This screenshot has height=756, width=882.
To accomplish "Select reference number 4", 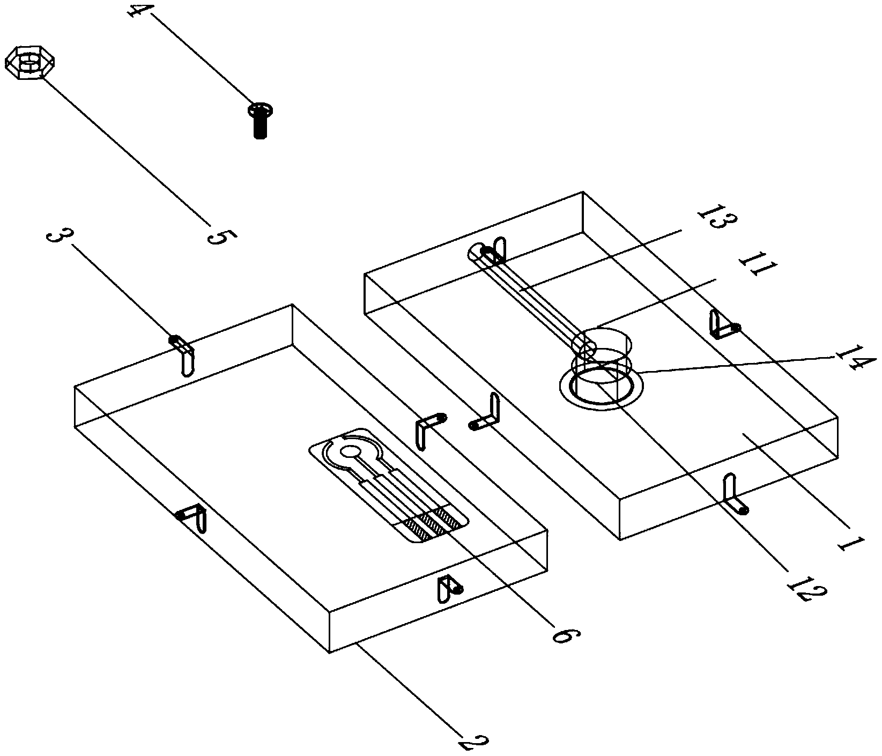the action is pyautogui.click(x=138, y=11).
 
